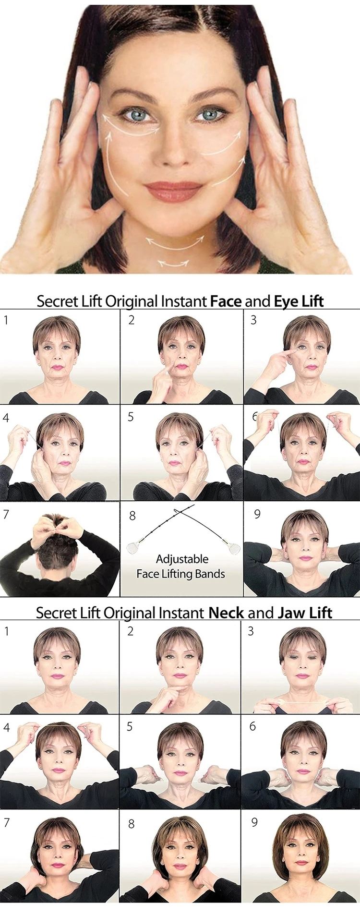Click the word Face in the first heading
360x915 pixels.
point(226,301)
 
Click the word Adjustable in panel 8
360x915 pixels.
point(182,559)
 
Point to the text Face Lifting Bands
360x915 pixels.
point(180,574)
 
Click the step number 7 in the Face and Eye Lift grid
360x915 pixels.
point(6,515)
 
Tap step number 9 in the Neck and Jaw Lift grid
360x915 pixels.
point(254,823)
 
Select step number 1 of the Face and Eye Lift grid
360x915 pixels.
point(6,320)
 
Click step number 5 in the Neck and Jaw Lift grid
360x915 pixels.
point(130,727)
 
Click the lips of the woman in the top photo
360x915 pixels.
point(173,191)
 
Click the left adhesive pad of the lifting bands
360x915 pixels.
point(132,548)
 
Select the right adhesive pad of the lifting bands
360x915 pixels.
point(234,548)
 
